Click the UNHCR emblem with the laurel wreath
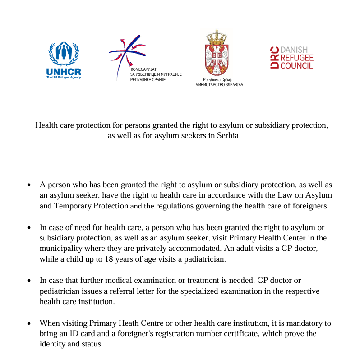pyautogui.click(x=64, y=54)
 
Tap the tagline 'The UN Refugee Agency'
pyautogui.click(x=64, y=77)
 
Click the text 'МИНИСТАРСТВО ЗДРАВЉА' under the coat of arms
pyautogui.click(x=219, y=84)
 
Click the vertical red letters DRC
pyautogui.click(x=274, y=58)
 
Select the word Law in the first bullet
pyautogui.click(x=276, y=195)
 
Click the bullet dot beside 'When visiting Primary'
pyautogui.click(x=29, y=324)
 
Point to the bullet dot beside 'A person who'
pyautogui.click(x=29, y=185)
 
